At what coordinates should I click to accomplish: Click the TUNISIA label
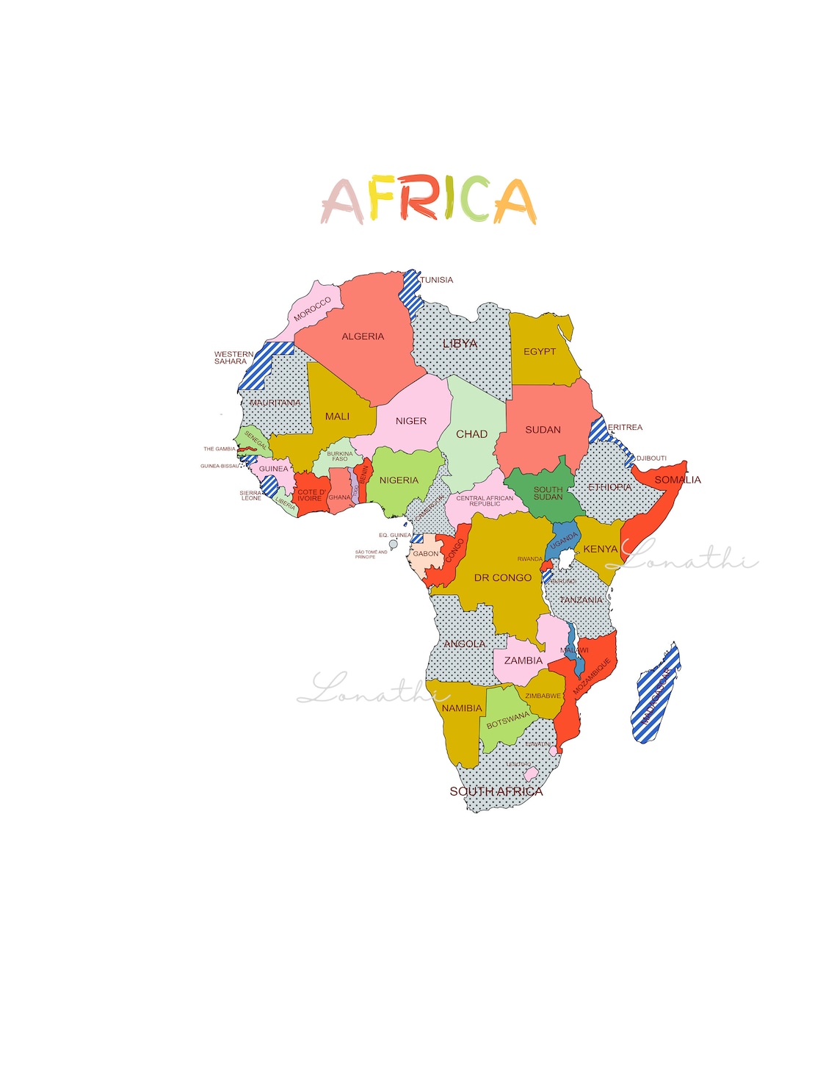coord(437,280)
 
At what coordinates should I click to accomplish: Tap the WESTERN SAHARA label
coord(233,358)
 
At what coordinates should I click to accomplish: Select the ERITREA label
coord(625,428)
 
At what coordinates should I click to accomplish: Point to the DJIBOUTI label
coord(651,458)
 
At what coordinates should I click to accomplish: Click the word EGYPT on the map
coord(540,352)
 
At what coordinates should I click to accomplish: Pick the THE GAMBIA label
coord(220,449)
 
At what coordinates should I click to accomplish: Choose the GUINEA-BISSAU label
coord(220,466)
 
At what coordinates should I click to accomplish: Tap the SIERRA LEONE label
coord(251,496)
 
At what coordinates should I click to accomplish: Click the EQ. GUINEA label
coord(395,536)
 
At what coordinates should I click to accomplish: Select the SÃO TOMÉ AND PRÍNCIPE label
coord(371,555)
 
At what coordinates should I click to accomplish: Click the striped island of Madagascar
coord(655,694)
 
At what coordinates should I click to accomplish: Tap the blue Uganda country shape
coord(563,542)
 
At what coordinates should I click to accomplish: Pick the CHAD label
coord(471,434)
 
